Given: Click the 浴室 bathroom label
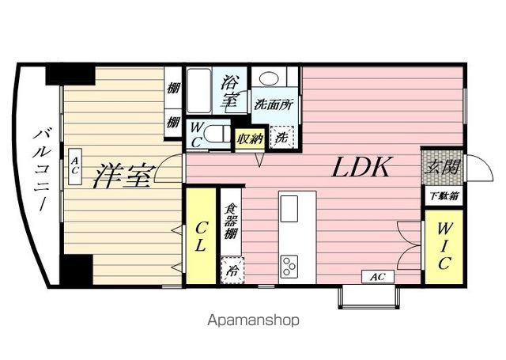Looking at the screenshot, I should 231,89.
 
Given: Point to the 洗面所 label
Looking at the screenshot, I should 273,104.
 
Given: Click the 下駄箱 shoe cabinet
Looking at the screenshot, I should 443,195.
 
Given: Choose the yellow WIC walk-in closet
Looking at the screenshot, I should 444,245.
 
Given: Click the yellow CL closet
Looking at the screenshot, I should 201,235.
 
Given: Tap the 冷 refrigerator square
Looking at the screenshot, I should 232,269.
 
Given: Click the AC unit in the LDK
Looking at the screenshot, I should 377,277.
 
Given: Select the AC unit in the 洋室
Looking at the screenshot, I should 74,166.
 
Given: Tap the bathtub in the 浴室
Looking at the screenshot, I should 198,92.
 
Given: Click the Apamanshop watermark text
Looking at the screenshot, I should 253,320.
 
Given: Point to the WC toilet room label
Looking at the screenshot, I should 195,134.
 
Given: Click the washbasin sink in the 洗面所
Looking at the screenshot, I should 271,80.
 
